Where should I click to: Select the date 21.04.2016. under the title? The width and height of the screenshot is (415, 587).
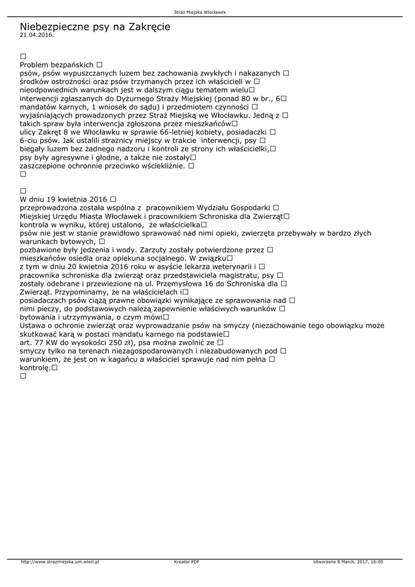click(x=37, y=35)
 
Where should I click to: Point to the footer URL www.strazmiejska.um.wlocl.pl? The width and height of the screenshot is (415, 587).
click(x=60, y=562)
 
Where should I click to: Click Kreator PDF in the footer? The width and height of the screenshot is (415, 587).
click(x=187, y=562)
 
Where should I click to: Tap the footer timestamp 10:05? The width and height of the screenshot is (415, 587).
click(x=377, y=562)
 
